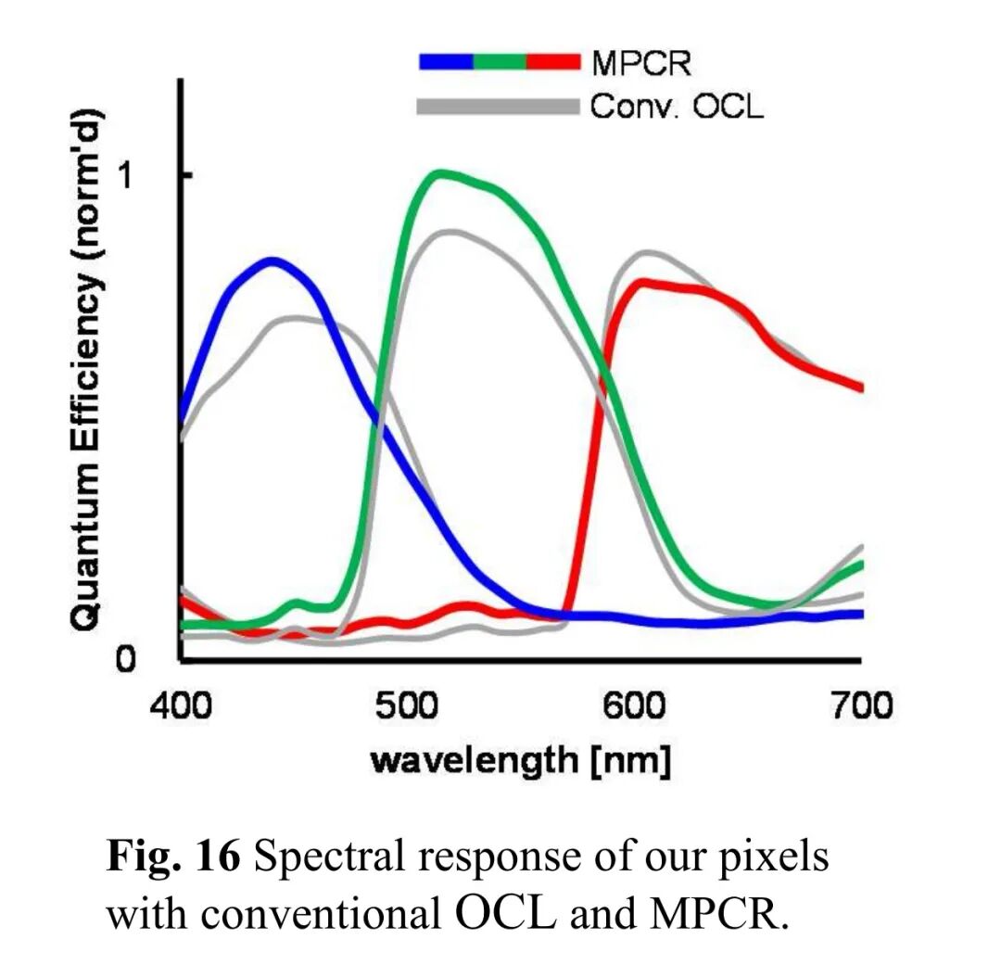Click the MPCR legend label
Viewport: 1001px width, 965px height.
[640, 63]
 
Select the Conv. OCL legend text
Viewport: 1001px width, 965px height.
[678, 107]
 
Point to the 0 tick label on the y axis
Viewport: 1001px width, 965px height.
[127, 659]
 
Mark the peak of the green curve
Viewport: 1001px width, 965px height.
[441, 173]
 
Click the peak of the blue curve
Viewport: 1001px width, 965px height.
[272, 261]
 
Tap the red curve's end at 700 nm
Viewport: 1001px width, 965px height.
[860, 387]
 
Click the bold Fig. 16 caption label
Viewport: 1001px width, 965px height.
[174, 858]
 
